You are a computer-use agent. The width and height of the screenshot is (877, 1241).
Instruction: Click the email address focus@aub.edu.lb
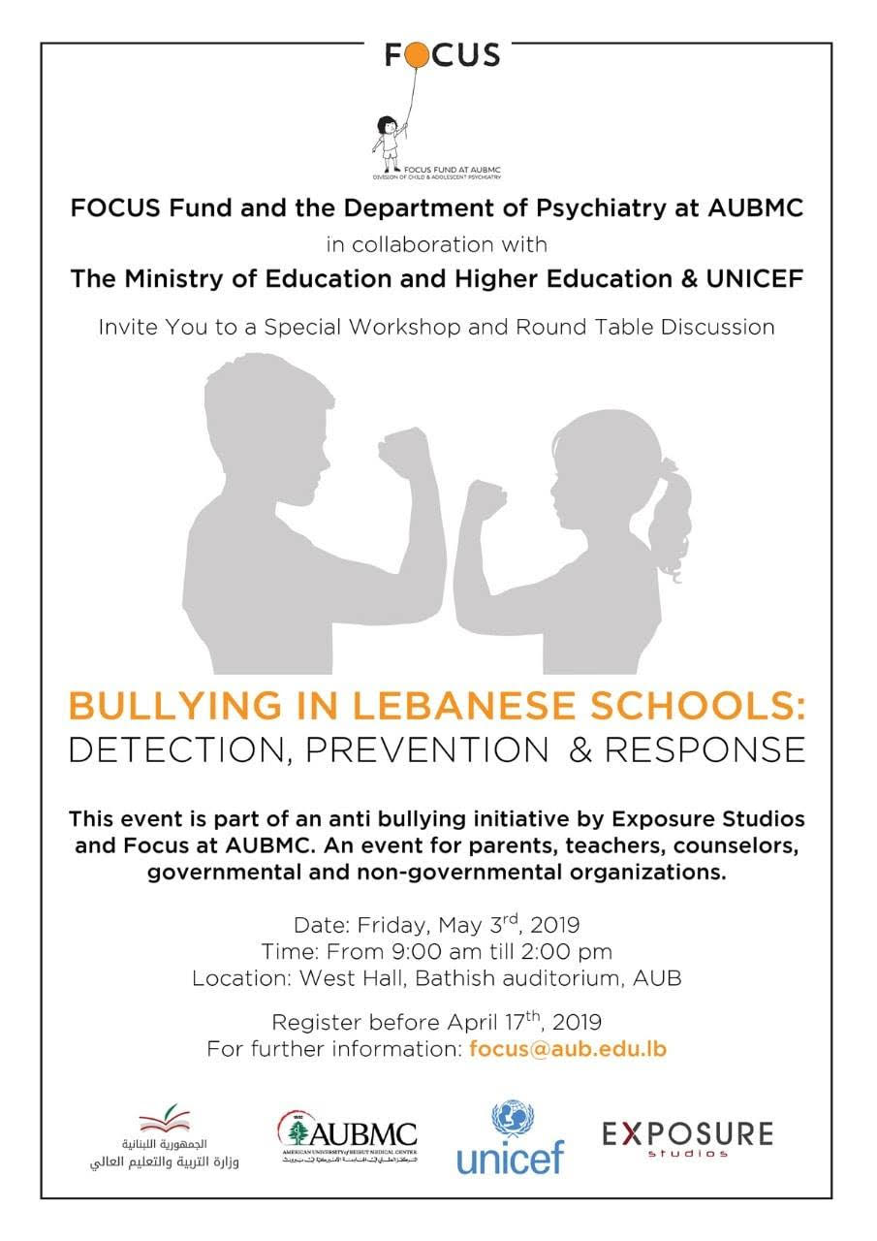coord(568,1049)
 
